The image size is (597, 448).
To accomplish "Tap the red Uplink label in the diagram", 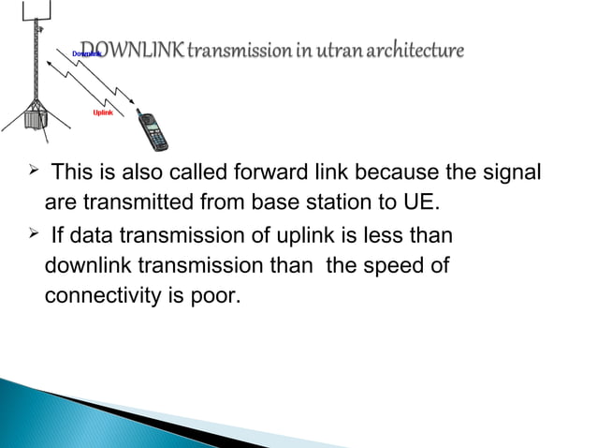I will coord(104,112).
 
